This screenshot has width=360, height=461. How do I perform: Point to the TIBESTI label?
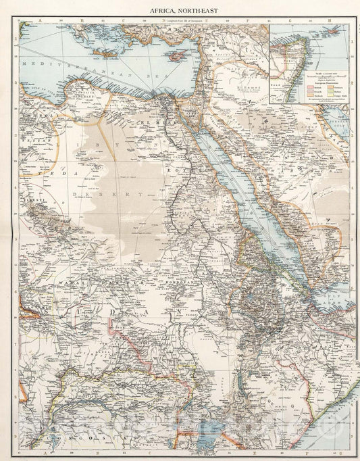coord(28,201)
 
